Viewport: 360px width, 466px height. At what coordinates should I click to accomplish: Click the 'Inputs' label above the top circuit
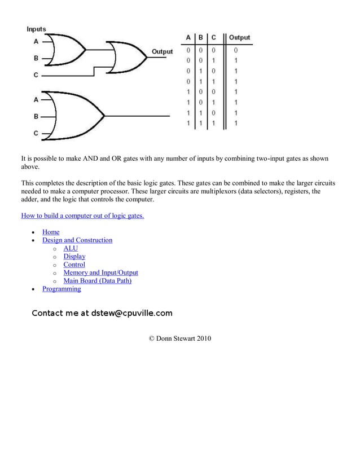tap(37, 29)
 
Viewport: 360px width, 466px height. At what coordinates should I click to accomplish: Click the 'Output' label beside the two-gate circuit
tap(162, 52)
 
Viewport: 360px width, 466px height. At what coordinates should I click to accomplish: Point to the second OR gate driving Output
tap(129, 56)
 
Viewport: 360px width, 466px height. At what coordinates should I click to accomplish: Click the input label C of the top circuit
tap(36, 74)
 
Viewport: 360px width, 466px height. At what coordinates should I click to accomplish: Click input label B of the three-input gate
tap(36, 116)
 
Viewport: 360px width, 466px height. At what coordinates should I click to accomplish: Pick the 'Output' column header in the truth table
tap(239, 38)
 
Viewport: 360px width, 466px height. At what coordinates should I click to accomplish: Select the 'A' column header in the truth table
tap(188, 38)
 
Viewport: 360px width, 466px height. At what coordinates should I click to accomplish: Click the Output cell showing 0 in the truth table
tap(236, 50)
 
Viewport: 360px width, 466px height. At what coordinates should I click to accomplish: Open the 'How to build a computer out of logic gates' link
tap(82, 216)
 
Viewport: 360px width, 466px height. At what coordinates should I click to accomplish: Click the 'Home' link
tap(51, 232)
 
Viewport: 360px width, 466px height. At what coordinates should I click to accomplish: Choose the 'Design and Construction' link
tap(77, 240)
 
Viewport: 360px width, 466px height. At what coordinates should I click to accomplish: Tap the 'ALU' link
tap(71, 248)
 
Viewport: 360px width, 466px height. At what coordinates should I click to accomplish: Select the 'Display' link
tap(74, 256)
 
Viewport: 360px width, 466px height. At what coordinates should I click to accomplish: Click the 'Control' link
tap(74, 265)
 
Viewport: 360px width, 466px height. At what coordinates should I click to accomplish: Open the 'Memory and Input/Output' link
tap(100, 272)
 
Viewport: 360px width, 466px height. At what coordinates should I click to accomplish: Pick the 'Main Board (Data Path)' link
tap(97, 280)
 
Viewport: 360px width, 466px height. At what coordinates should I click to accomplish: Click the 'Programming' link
tap(62, 289)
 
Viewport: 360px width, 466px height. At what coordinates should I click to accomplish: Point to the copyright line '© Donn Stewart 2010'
tap(179, 338)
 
